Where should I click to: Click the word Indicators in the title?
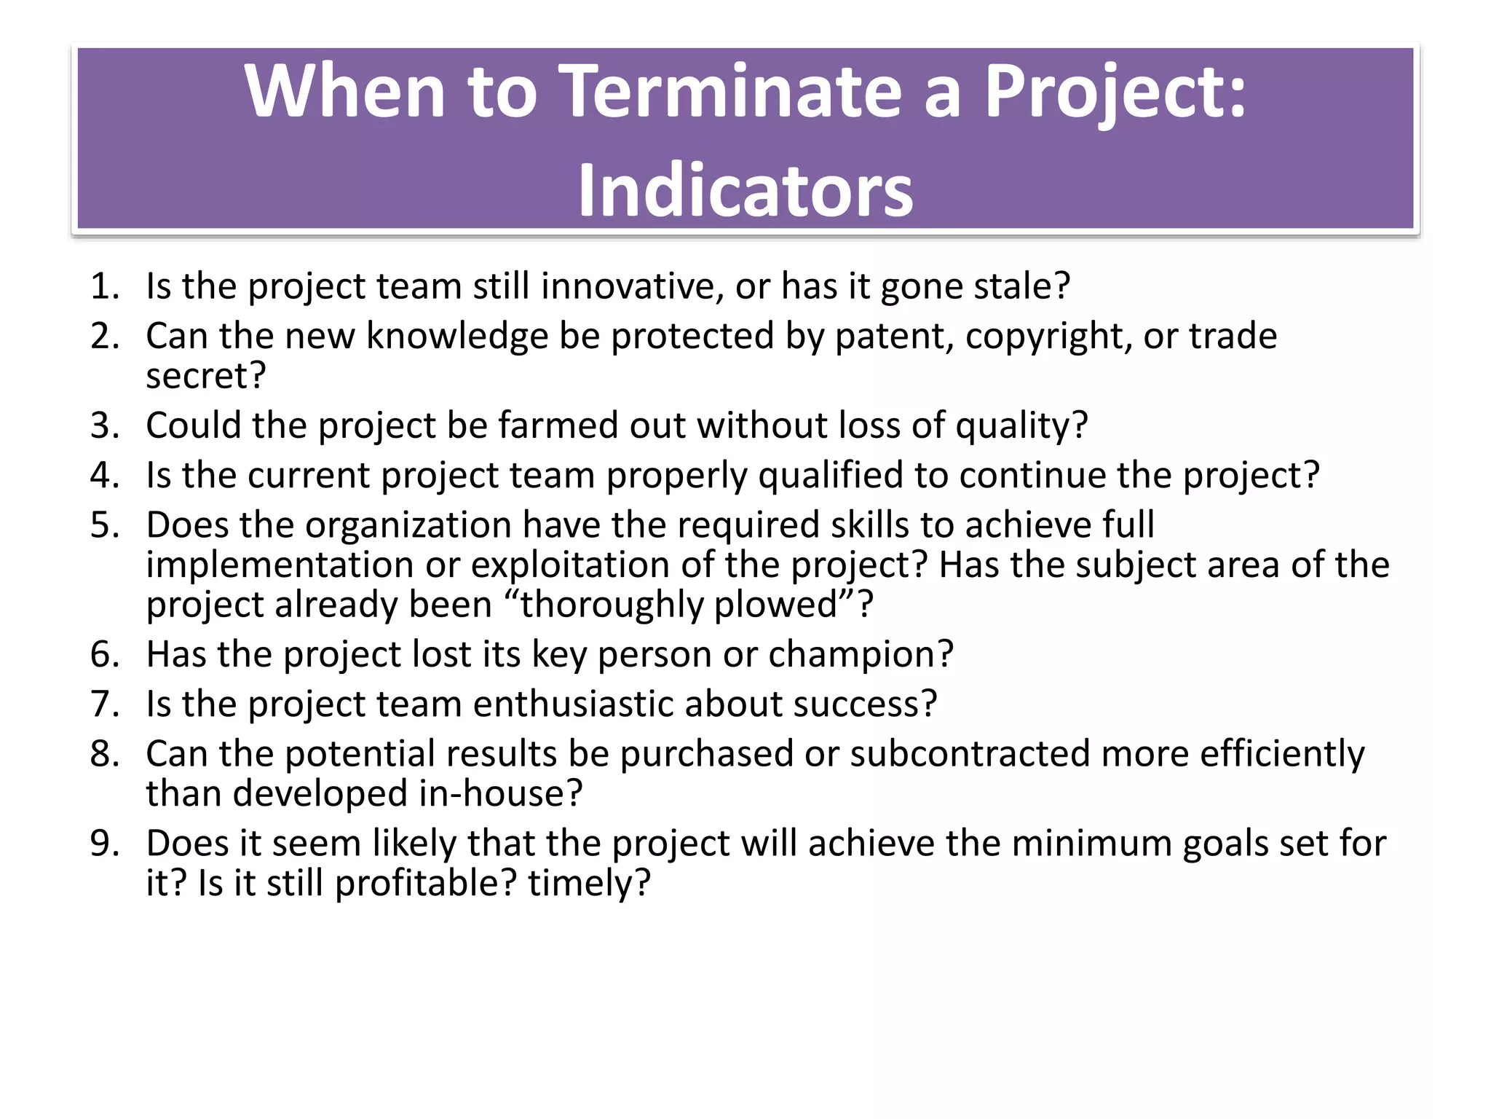click(x=745, y=191)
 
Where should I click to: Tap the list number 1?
click(x=103, y=286)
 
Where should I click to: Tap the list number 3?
click(x=103, y=425)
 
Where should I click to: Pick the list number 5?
click(x=103, y=525)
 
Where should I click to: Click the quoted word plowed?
click(x=776, y=605)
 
